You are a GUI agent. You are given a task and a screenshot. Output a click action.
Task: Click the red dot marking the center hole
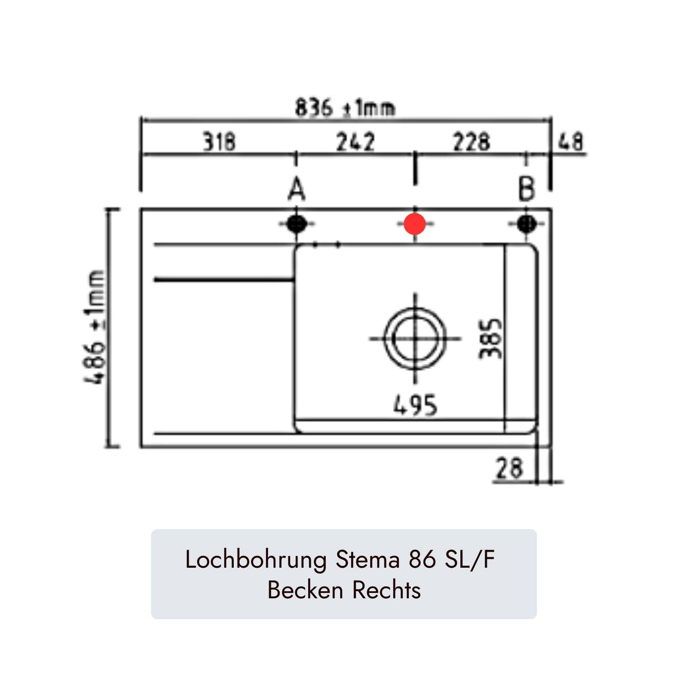tap(415, 224)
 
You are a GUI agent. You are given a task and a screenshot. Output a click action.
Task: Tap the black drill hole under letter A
tap(296, 224)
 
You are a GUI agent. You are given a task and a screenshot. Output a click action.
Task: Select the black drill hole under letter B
tap(526, 224)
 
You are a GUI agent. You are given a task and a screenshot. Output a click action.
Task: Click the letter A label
tap(296, 189)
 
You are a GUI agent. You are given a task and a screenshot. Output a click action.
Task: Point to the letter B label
tap(526, 189)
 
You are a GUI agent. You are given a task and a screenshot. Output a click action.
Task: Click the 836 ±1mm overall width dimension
tap(345, 108)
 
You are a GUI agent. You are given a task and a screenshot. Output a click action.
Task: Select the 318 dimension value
tap(219, 142)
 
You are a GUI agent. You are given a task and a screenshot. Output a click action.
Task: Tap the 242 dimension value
tap(355, 142)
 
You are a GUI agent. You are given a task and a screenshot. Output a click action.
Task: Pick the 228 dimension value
tap(471, 142)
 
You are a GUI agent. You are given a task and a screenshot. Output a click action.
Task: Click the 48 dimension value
tap(570, 142)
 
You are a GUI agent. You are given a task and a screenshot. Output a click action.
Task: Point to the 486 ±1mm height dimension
tap(96, 328)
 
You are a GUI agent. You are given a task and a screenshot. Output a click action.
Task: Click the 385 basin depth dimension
tap(490, 338)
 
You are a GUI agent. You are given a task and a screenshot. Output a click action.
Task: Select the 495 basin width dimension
tap(415, 405)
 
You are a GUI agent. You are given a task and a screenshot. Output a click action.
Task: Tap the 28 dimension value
tap(509, 469)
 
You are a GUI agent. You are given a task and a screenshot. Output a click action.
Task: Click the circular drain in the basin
tap(415, 338)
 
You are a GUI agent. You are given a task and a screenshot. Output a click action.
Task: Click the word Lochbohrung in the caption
tap(256, 560)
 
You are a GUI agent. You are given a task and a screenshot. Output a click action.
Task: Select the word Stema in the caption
tap(368, 560)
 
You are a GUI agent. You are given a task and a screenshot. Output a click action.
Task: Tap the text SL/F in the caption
tap(470, 560)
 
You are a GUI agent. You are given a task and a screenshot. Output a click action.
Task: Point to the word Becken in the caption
tap(305, 590)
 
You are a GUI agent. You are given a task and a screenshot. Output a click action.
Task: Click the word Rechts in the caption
tap(387, 590)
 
